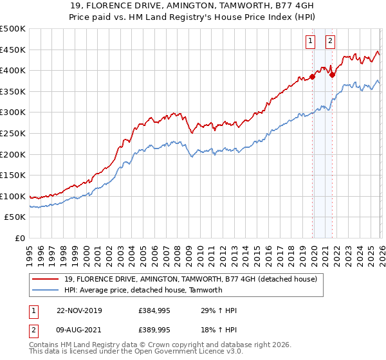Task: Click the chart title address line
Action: pos(193,6)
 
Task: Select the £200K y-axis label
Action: pos(13,154)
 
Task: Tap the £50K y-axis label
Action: pos(15,217)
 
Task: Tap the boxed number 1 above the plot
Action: pos(310,41)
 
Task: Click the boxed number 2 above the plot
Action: pos(330,41)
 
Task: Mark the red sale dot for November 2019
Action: pos(313,76)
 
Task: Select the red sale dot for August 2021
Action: pos(333,75)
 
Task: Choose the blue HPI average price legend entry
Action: pos(143,290)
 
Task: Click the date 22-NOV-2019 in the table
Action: pos(74,310)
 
